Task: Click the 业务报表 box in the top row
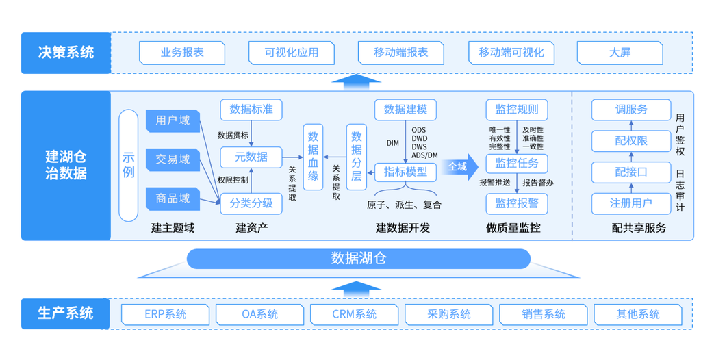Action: (x=182, y=53)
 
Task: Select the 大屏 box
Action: (x=620, y=53)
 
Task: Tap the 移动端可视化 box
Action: (x=511, y=53)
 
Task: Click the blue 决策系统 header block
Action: (x=66, y=53)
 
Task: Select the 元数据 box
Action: (x=251, y=157)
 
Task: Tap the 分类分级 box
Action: (x=251, y=203)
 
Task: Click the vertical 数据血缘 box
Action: (x=314, y=157)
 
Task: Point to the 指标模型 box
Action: (x=405, y=172)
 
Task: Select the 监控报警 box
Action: (x=517, y=203)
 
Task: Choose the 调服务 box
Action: (x=631, y=110)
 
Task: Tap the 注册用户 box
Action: (x=631, y=203)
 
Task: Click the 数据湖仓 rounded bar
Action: (x=358, y=258)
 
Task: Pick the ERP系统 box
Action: (x=165, y=314)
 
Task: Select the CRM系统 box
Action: (x=354, y=314)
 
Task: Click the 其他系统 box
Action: (x=637, y=314)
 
